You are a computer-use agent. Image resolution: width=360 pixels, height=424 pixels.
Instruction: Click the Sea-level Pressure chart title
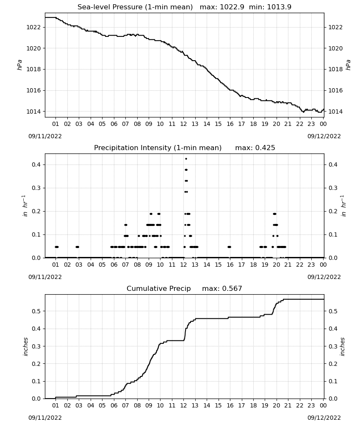coord(135,7)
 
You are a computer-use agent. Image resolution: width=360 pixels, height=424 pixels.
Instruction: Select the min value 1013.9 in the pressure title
coord(279,7)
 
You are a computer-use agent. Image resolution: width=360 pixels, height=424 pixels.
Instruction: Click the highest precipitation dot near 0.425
coord(186,159)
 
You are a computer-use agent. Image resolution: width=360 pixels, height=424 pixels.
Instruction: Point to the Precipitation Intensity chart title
coord(158,148)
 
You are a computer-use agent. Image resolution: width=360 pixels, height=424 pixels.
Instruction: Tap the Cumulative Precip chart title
coord(158,288)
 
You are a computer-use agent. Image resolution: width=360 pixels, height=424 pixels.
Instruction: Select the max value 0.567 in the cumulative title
coord(232,288)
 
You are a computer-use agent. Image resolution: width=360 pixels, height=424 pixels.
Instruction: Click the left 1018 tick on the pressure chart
coord(33,69)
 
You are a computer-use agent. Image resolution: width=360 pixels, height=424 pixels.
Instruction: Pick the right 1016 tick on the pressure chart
coord(335,90)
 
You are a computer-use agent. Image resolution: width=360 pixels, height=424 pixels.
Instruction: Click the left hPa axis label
coord(19,65)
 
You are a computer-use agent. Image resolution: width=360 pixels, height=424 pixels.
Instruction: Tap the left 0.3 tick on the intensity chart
coord(36,188)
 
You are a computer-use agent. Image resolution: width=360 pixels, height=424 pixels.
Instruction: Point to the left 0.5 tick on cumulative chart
coord(36,311)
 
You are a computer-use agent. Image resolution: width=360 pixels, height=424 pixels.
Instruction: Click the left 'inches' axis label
coord(25,346)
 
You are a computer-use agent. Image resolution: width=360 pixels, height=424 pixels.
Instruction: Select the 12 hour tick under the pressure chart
coord(184,124)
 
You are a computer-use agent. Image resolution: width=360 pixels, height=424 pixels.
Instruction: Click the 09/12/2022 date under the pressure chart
coord(324,136)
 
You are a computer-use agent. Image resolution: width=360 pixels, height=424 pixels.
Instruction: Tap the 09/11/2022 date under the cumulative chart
coord(45,418)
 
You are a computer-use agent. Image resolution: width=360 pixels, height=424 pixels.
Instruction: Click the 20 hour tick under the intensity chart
coord(276,265)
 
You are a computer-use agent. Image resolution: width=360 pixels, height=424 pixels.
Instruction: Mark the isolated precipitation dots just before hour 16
coord(229,247)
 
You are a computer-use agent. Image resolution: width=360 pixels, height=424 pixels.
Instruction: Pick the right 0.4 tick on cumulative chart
coord(333,329)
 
